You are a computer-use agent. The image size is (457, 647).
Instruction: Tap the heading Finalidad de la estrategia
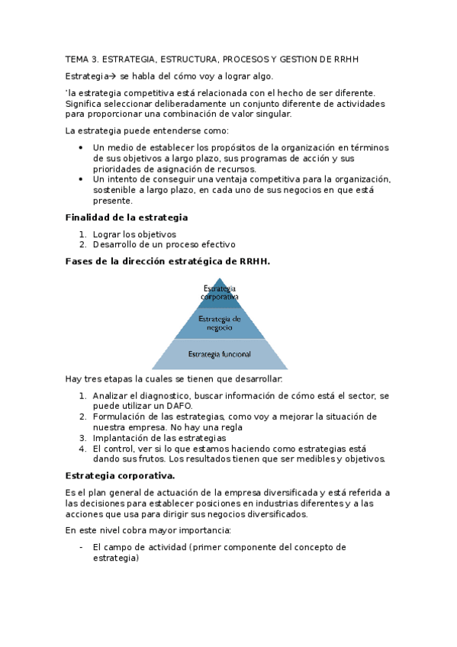click(127, 217)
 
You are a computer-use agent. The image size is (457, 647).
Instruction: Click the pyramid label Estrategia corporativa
click(220, 292)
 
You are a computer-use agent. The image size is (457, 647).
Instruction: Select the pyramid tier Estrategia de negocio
click(220, 322)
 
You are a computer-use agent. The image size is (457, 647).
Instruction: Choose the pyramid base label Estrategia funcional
click(220, 354)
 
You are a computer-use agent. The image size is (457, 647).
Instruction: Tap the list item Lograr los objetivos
click(134, 234)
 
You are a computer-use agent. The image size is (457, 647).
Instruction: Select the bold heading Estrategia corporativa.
click(121, 475)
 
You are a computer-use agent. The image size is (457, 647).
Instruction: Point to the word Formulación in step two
click(118, 417)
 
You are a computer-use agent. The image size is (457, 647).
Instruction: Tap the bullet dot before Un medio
click(82, 147)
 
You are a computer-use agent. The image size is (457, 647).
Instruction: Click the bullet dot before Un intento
click(82, 179)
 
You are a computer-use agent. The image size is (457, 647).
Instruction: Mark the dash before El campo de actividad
click(82, 547)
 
